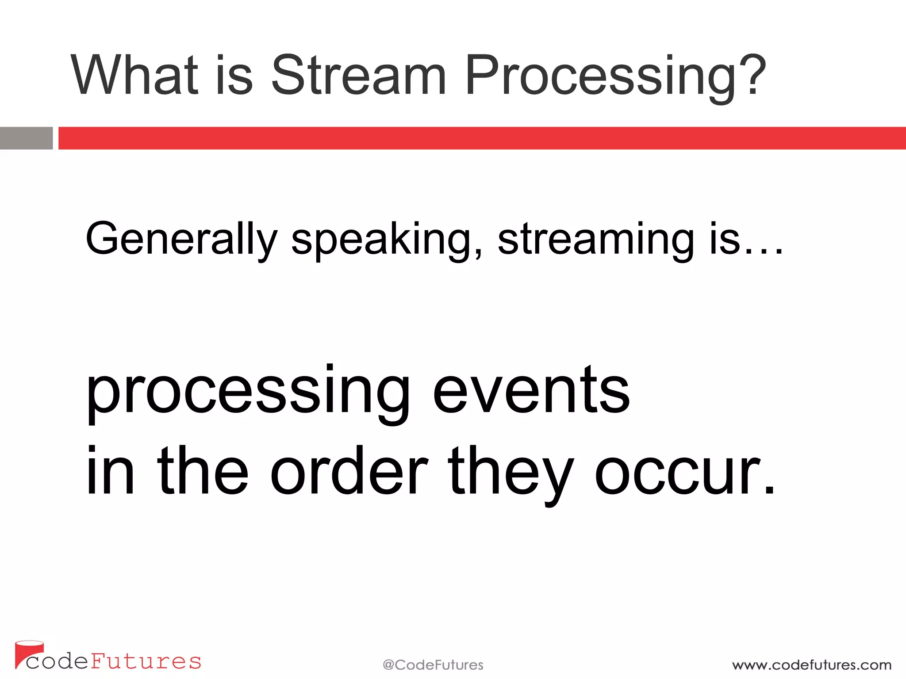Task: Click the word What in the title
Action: pyautogui.click(x=134, y=75)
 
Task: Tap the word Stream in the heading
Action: pyautogui.click(x=358, y=75)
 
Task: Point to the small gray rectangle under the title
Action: pyautogui.click(x=26, y=138)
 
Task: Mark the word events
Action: pyautogui.click(x=531, y=391)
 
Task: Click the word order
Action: pyautogui.click(x=349, y=472)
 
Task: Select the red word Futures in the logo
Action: pyautogui.click(x=146, y=661)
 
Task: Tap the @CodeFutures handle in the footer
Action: pyautogui.click(x=433, y=665)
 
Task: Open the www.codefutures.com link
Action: pyautogui.click(x=811, y=665)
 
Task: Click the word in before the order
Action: pyautogui.click(x=110, y=472)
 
